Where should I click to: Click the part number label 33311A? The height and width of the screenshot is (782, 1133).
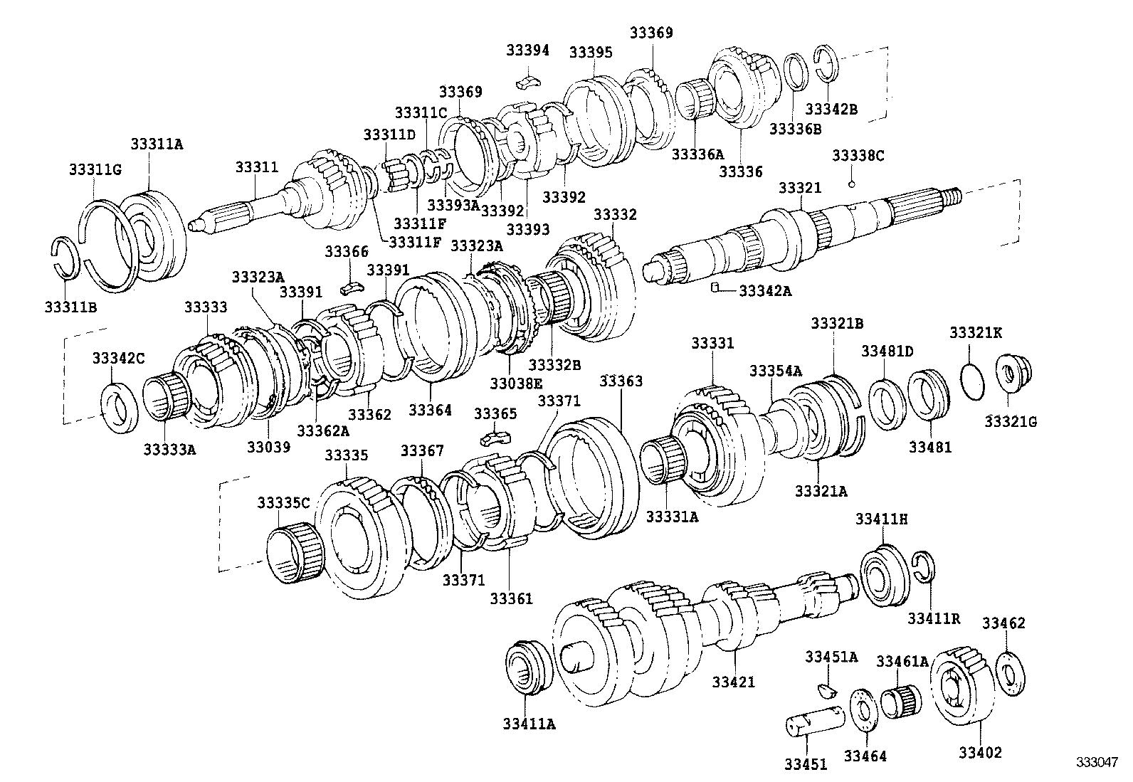click(156, 143)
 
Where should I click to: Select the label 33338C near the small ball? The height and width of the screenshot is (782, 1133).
click(858, 155)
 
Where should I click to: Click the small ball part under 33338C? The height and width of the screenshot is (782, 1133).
click(851, 184)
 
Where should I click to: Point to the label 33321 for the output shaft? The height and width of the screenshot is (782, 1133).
click(799, 188)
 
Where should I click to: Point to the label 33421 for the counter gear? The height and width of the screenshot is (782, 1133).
click(733, 682)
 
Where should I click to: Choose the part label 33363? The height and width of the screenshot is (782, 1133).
click(620, 381)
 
